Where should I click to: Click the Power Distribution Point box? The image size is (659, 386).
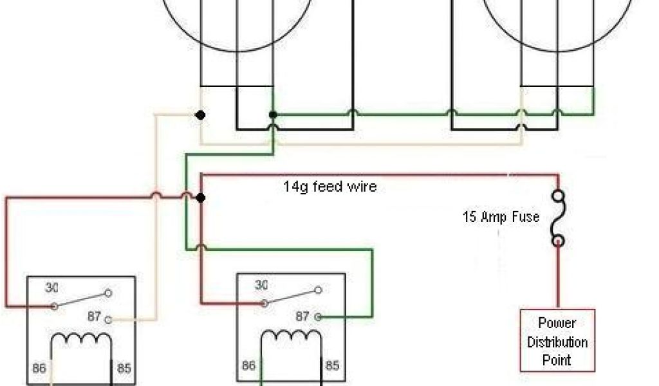[557, 341]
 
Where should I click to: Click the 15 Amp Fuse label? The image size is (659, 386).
[501, 217]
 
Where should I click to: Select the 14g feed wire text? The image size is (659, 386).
[329, 187]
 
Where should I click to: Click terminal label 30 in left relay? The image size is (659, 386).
[51, 288]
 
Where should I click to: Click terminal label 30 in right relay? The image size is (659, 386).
[261, 285]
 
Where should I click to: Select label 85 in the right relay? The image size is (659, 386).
[332, 366]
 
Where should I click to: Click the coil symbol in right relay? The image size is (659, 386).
[290, 338]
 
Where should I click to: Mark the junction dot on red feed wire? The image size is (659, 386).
[201, 198]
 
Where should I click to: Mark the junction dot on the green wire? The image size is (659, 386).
[273, 115]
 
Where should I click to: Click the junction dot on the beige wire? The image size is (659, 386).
[201, 115]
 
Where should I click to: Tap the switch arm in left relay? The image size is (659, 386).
[81, 299]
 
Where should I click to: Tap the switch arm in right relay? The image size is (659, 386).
[290, 296]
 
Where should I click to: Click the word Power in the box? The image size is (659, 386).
[557, 324]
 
